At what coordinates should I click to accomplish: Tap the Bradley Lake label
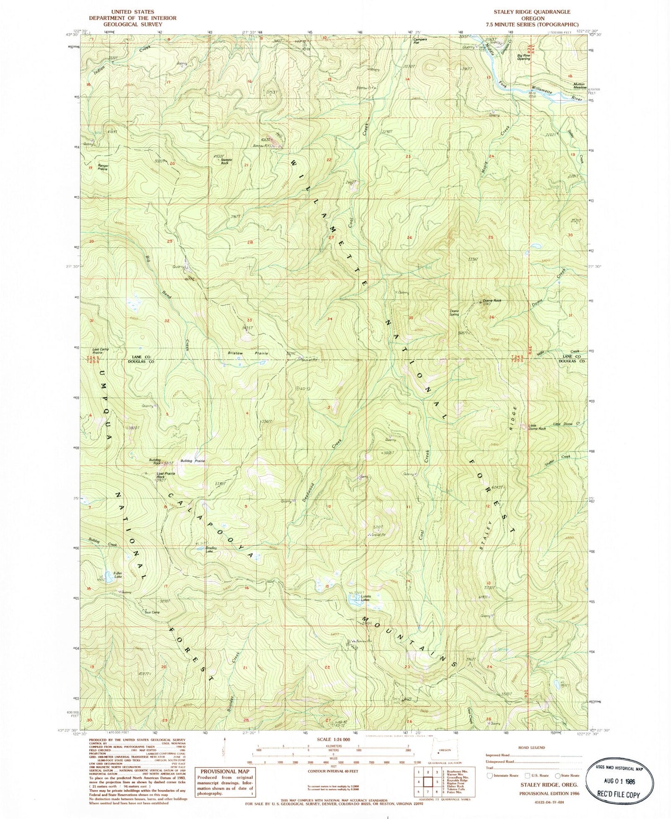(212, 549)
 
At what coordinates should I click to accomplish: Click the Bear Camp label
(152, 612)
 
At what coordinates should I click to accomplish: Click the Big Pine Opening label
(524, 57)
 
